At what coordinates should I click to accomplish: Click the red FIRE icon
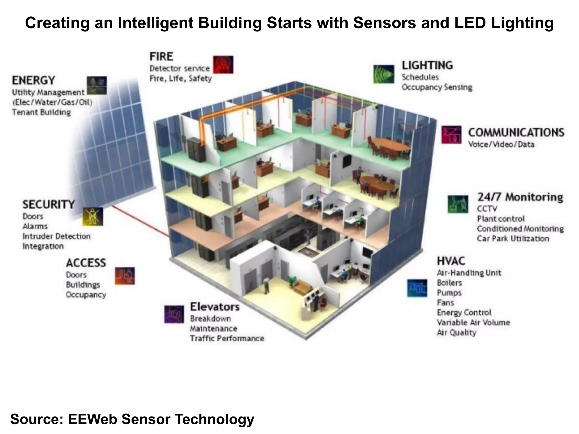[x=223, y=65]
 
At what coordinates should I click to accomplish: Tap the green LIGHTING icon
[x=383, y=74]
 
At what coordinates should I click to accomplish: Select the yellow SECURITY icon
[x=93, y=217]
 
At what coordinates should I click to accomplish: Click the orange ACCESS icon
[x=125, y=276]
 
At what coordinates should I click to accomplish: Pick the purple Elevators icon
[x=174, y=314]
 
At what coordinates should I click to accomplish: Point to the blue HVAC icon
[x=417, y=288]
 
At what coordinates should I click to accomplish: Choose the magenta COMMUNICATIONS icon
[x=451, y=134]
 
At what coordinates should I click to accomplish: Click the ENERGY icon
[x=97, y=85]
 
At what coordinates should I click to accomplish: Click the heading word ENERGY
[x=33, y=81]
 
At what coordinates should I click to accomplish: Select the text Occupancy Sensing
[x=437, y=87]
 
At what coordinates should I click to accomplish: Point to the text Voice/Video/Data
[x=501, y=144]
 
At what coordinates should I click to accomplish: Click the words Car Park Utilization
[x=513, y=238]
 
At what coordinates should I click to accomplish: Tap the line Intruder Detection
[x=57, y=236]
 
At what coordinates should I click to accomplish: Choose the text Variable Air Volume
[x=473, y=322]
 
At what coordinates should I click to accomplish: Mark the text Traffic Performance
[x=227, y=338]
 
